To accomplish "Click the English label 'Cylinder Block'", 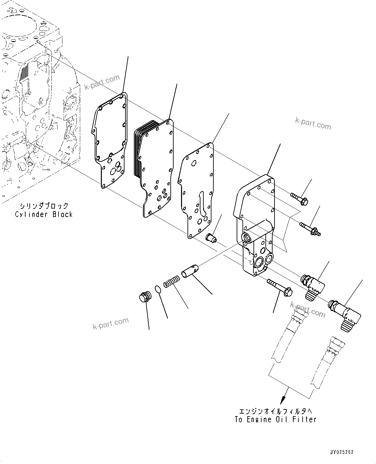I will click(x=44, y=214).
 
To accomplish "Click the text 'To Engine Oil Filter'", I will click(x=275, y=419).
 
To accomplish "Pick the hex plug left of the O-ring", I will click(x=144, y=297).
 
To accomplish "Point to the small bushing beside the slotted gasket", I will click(x=211, y=239).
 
